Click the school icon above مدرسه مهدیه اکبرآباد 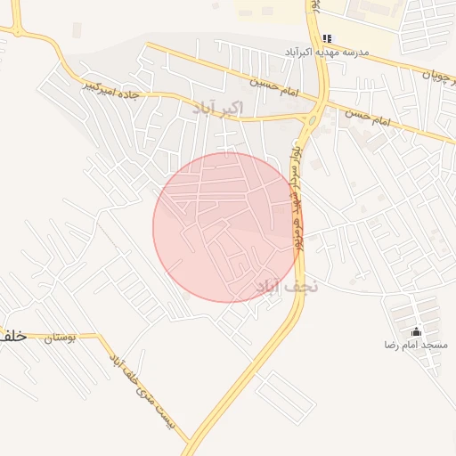coord(328,38)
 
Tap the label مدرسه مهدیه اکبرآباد coord(326,53)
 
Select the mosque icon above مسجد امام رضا coord(416,331)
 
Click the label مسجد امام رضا coord(416,345)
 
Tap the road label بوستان coord(61,338)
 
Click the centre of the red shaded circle coord(227,227)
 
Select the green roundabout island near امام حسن coord(313,118)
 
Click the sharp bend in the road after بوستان coord(100,338)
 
